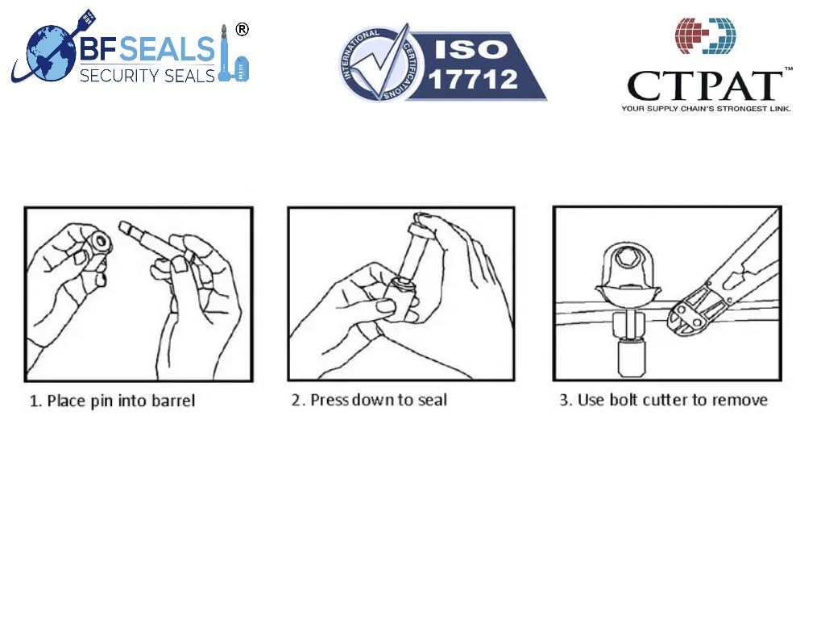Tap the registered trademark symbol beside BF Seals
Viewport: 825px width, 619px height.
pos(241,30)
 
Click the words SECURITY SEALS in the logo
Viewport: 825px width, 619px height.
pos(147,75)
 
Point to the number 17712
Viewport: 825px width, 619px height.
pos(474,79)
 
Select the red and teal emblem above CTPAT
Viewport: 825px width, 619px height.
pos(705,35)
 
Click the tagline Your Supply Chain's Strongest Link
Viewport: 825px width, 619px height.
pos(705,108)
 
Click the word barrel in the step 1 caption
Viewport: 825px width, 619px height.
pos(172,401)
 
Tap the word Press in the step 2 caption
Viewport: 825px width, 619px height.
pos(328,401)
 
